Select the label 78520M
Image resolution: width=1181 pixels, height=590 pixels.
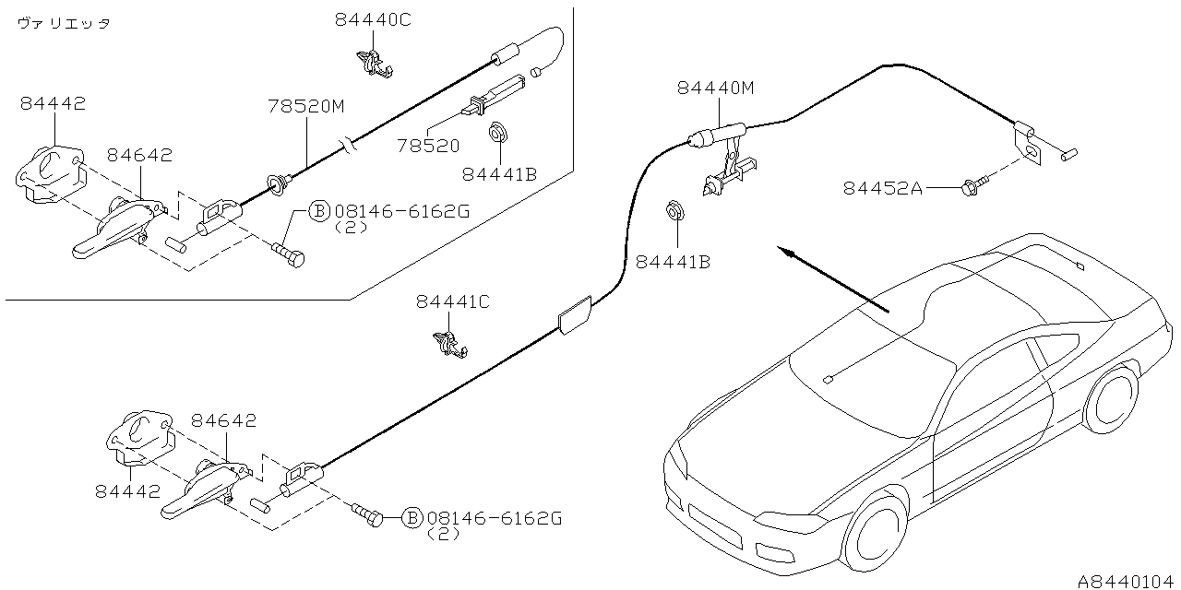306,107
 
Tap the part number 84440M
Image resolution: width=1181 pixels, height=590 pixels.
715,88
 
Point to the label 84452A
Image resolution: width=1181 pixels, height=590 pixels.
882,188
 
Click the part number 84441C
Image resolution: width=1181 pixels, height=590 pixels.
452,301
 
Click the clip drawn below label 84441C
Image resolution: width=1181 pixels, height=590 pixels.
449,343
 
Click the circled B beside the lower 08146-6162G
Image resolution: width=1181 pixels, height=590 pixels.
412,518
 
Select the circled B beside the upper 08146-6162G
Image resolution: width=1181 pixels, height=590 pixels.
318,211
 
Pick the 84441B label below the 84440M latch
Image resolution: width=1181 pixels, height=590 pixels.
673,262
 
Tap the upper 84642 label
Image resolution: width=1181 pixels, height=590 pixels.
138,156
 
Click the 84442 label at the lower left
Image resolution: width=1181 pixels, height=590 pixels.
127,492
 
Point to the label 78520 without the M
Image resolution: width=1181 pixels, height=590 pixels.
428,146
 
